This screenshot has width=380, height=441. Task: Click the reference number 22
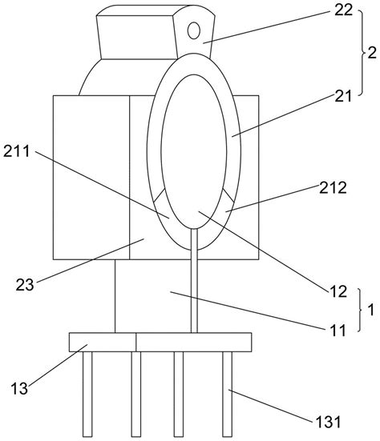(x=343, y=10)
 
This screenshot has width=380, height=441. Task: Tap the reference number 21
(x=343, y=97)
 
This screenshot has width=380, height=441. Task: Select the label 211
(x=17, y=151)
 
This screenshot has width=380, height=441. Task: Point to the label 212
(x=333, y=187)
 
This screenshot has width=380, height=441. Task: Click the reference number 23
(x=25, y=285)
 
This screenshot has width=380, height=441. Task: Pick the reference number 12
(x=338, y=291)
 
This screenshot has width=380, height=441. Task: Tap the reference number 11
(x=338, y=331)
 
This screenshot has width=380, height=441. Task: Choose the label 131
(x=328, y=422)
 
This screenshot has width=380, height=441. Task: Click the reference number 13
(x=19, y=389)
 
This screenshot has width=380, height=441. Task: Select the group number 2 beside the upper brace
(x=372, y=53)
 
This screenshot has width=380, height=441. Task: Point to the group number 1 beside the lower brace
(x=371, y=310)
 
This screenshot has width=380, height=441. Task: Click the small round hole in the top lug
(x=194, y=30)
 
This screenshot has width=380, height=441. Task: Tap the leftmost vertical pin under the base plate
(x=87, y=394)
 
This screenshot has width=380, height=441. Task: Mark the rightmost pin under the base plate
(x=227, y=394)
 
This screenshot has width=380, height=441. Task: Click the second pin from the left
(x=136, y=394)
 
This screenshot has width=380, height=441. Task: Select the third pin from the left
(x=178, y=394)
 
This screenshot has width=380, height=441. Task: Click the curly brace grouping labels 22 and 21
(x=363, y=53)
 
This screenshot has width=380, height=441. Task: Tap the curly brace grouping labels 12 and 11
(x=361, y=310)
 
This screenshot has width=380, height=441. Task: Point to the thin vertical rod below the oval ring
(x=194, y=280)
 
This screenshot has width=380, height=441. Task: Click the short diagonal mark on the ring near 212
(x=228, y=195)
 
